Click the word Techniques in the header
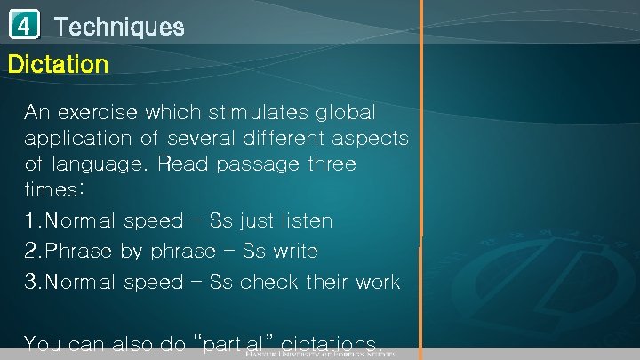click(x=119, y=27)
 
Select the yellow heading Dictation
click(x=58, y=64)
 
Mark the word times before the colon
click(x=51, y=190)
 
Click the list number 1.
click(x=30, y=220)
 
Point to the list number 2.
click(x=31, y=251)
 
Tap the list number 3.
click(x=31, y=282)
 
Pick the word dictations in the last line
click(x=332, y=343)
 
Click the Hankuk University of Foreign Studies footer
click(x=332, y=355)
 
